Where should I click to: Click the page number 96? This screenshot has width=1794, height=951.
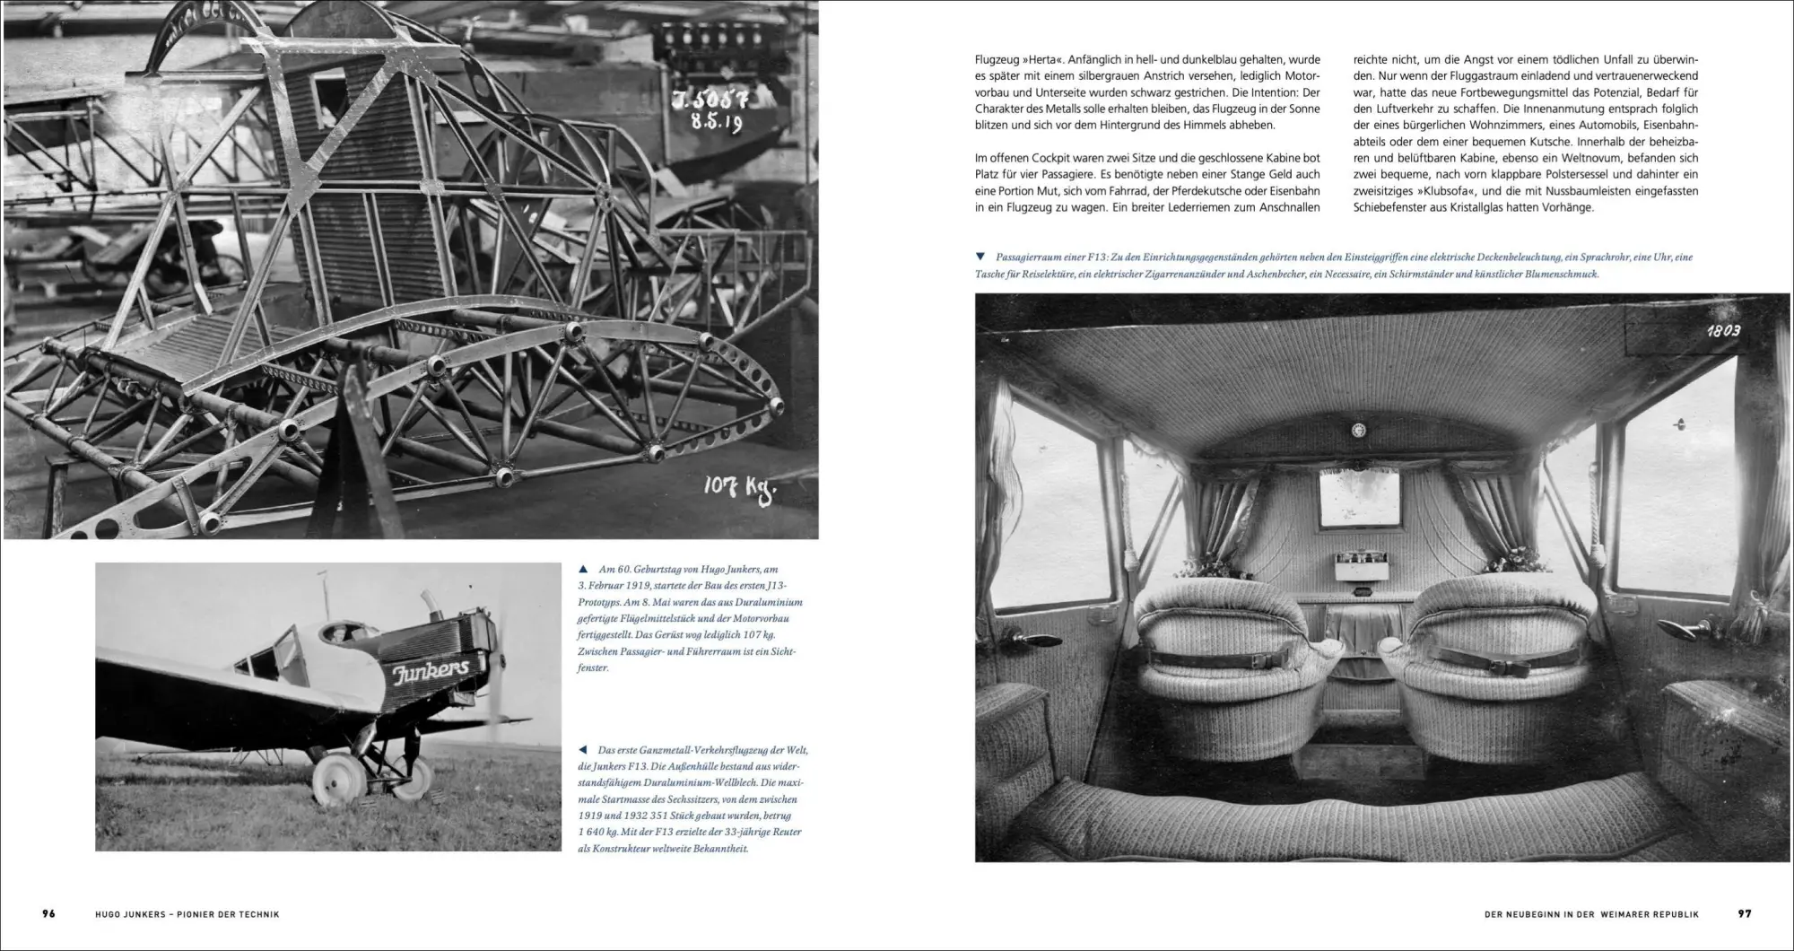[48, 913]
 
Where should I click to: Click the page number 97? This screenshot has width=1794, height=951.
[1745, 913]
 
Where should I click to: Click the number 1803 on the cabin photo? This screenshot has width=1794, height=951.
[1722, 331]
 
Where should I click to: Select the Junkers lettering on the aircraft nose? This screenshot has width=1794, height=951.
[431, 671]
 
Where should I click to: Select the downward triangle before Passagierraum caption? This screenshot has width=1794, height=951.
[980, 257]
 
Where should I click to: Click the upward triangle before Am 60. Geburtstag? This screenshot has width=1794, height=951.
[584, 569]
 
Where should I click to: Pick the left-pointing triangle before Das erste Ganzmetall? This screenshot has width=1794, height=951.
[584, 750]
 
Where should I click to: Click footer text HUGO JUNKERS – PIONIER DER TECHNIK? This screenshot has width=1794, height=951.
[187, 914]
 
